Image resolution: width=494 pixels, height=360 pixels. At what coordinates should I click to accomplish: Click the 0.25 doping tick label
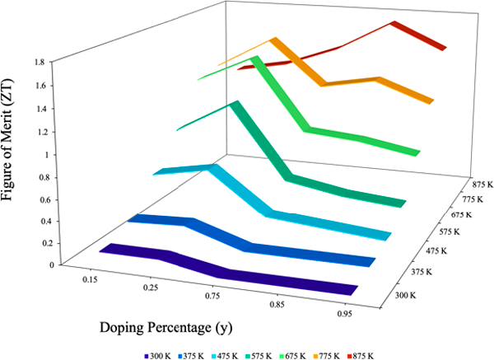click(150, 288)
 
